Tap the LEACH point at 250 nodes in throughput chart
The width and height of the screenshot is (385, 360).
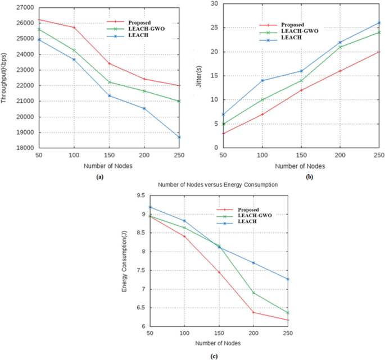click(179, 137)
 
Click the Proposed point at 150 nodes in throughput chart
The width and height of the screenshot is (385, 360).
click(110, 63)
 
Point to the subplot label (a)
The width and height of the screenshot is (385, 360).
click(100, 176)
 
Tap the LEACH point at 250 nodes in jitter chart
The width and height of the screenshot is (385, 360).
click(379, 23)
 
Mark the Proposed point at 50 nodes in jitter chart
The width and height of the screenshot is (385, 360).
click(224, 133)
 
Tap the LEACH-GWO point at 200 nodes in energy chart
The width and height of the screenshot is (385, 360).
click(253, 293)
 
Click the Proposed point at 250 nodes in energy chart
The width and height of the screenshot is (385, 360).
click(288, 320)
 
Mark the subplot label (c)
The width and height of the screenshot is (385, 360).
click(214, 356)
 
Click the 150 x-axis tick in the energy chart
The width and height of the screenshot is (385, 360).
click(219, 334)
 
